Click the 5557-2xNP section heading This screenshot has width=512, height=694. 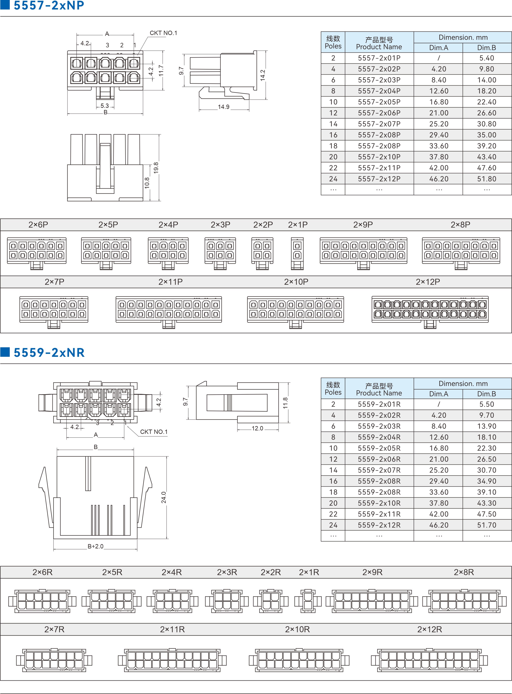click(x=49, y=5)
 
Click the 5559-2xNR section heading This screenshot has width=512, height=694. click(x=49, y=353)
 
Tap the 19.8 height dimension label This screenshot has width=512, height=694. click(x=156, y=168)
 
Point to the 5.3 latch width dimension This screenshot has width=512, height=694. click(x=105, y=106)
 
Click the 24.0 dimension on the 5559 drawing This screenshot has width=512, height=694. click(x=164, y=497)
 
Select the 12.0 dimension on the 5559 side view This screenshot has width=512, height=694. click(x=257, y=428)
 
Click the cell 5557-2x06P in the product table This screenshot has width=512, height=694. click(x=379, y=113)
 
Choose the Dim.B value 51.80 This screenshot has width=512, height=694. click(x=487, y=179)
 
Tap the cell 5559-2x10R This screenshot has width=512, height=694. click(x=379, y=503)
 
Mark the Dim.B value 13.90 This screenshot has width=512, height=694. click(x=487, y=426)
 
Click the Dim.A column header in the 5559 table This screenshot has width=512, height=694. click(x=439, y=394)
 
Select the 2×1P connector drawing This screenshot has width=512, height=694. click(x=297, y=253)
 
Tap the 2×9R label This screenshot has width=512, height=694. click(x=372, y=572)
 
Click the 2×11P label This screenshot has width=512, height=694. click(x=171, y=282)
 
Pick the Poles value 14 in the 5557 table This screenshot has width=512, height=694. click(x=333, y=124)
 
